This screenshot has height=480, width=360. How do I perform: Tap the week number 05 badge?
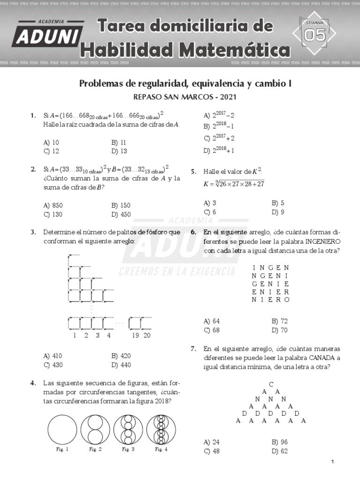(314, 35)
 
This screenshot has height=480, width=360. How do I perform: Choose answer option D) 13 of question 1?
(120, 151)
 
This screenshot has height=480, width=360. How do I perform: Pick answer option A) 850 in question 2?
(53, 205)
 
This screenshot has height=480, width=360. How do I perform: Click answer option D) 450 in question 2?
(121, 214)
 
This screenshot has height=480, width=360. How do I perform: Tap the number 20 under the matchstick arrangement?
(147, 335)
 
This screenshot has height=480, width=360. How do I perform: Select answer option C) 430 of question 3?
(53, 365)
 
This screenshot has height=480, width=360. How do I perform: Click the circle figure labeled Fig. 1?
(62, 430)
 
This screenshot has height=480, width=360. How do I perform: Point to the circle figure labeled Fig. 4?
(161, 430)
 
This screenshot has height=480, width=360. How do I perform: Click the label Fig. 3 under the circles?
(128, 450)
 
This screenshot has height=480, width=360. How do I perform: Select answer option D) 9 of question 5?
(278, 212)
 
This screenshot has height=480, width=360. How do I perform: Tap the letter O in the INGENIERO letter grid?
(287, 300)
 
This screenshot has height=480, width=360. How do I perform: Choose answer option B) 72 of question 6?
(280, 321)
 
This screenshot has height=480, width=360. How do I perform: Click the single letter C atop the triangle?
(271, 384)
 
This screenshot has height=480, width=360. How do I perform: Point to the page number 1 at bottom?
(332, 462)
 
